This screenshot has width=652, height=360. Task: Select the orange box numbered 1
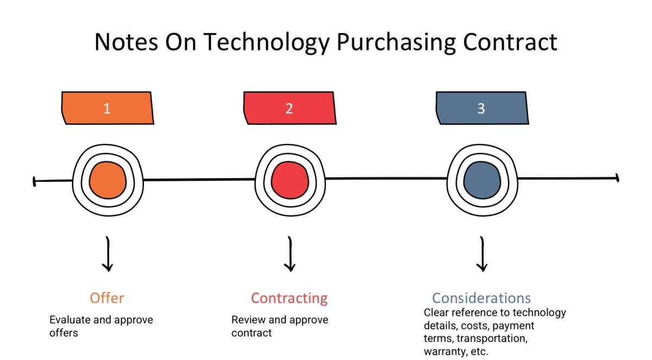click(x=107, y=108)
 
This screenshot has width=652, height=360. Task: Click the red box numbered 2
click(x=289, y=108)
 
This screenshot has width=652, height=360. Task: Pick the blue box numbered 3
click(x=481, y=108)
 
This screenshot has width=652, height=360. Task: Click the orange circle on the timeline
click(x=108, y=180)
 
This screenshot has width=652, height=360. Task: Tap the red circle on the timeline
click(x=290, y=180)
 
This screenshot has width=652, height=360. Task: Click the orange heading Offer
click(x=107, y=298)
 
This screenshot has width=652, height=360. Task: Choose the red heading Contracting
click(x=289, y=298)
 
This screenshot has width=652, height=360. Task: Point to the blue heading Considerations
click(x=481, y=298)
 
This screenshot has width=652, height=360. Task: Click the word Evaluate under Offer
click(x=70, y=320)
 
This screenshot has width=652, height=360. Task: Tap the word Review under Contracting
click(x=249, y=320)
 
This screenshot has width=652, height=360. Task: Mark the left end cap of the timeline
click(x=34, y=181)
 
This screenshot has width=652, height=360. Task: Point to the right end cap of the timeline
click(x=617, y=178)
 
